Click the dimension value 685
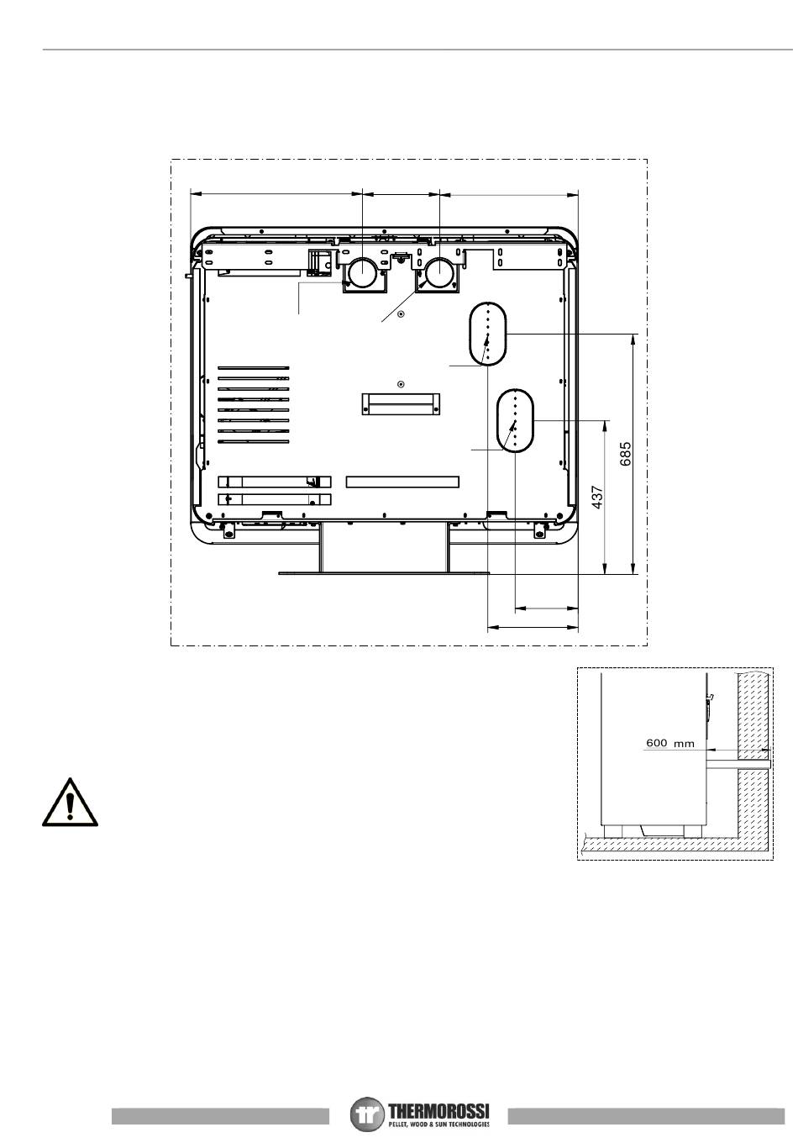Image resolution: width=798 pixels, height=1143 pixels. coord(626,454)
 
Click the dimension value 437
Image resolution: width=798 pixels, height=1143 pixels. coord(597,498)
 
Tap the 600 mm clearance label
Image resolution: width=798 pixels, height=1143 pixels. coord(670,743)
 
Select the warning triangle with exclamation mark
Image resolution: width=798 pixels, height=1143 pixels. coord(70,803)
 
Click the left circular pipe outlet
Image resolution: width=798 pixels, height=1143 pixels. coord(362,273)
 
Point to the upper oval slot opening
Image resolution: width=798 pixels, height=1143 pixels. coord(488,334)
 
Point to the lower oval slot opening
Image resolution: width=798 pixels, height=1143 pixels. coord(515,420)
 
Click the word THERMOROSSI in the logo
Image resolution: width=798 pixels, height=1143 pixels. coord(438,1109)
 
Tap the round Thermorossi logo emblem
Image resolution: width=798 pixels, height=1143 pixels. coord(366,1113)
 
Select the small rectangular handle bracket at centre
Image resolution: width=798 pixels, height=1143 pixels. coord(401,403)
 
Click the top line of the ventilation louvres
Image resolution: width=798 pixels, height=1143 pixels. coord(254,367)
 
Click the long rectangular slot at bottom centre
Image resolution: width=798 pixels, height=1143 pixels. coord(402,482)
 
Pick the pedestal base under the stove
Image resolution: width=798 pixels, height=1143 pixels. coord(383,547)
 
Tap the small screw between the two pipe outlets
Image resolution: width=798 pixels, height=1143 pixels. coord(401,313)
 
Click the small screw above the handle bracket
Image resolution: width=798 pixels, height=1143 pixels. coord(401,384)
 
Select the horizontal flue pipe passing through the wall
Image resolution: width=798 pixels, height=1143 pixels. coord(738,763)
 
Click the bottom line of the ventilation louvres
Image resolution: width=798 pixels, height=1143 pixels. coord(254,441)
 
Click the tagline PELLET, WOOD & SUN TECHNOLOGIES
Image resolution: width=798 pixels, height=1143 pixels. coord(438,1125)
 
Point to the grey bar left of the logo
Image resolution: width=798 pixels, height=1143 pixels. coord(220,1115)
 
